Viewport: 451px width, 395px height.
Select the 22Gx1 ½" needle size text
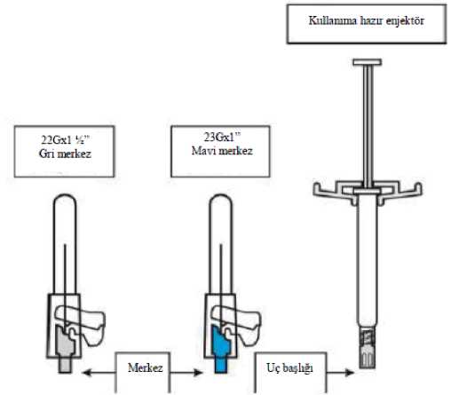point(65,139)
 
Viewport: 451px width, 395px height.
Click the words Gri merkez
point(65,154)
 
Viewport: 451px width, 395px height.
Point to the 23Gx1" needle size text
point(222,137)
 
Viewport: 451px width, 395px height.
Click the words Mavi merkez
point(222,151)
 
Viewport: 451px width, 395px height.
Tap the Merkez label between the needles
point(145,367)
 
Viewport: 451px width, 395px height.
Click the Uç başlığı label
point(289,368)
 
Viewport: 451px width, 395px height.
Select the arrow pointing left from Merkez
point(99,372)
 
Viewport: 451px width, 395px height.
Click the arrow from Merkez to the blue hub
point(186,372)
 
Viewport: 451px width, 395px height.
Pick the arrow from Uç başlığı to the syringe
point(340,372)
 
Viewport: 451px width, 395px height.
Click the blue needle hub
point(221,349)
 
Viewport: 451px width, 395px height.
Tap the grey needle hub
point(66,349)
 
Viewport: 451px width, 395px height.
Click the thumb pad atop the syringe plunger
point(367,62)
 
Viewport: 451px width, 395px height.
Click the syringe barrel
point(367,260)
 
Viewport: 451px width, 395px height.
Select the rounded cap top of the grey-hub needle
point(65,201)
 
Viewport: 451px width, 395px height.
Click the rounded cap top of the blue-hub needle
point(221,201)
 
